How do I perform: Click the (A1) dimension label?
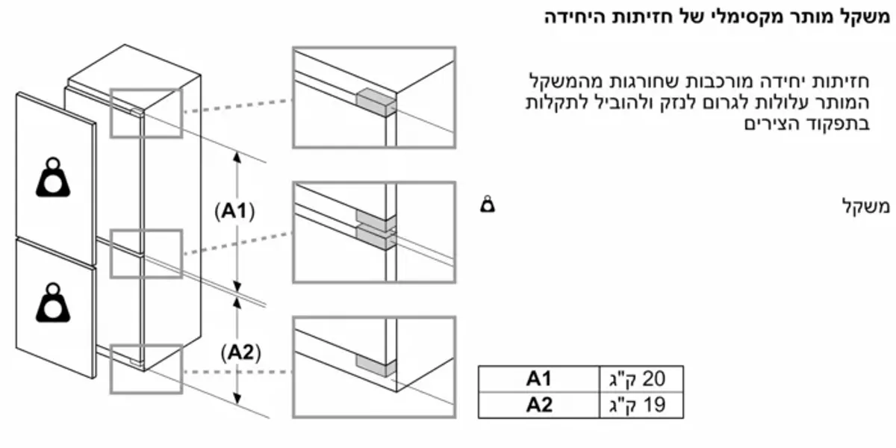(234, 211)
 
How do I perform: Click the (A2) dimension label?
(240, 352)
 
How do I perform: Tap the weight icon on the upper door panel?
(53, 177)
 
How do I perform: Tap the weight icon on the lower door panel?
(53, 303)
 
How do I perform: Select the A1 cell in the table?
(539, 379)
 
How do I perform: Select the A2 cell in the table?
(539, 405)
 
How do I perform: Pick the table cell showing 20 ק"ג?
(641, 379)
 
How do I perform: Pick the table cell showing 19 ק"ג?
(641, 405)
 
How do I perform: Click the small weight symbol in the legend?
(488, 204)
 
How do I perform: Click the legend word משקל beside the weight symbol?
(865, 207)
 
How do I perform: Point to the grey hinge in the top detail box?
(376, 102)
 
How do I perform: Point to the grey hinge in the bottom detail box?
(376, 366)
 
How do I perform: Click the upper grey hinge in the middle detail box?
(376, 221)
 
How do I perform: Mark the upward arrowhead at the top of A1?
(237, 158)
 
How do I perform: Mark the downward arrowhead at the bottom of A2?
(237, 399)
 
